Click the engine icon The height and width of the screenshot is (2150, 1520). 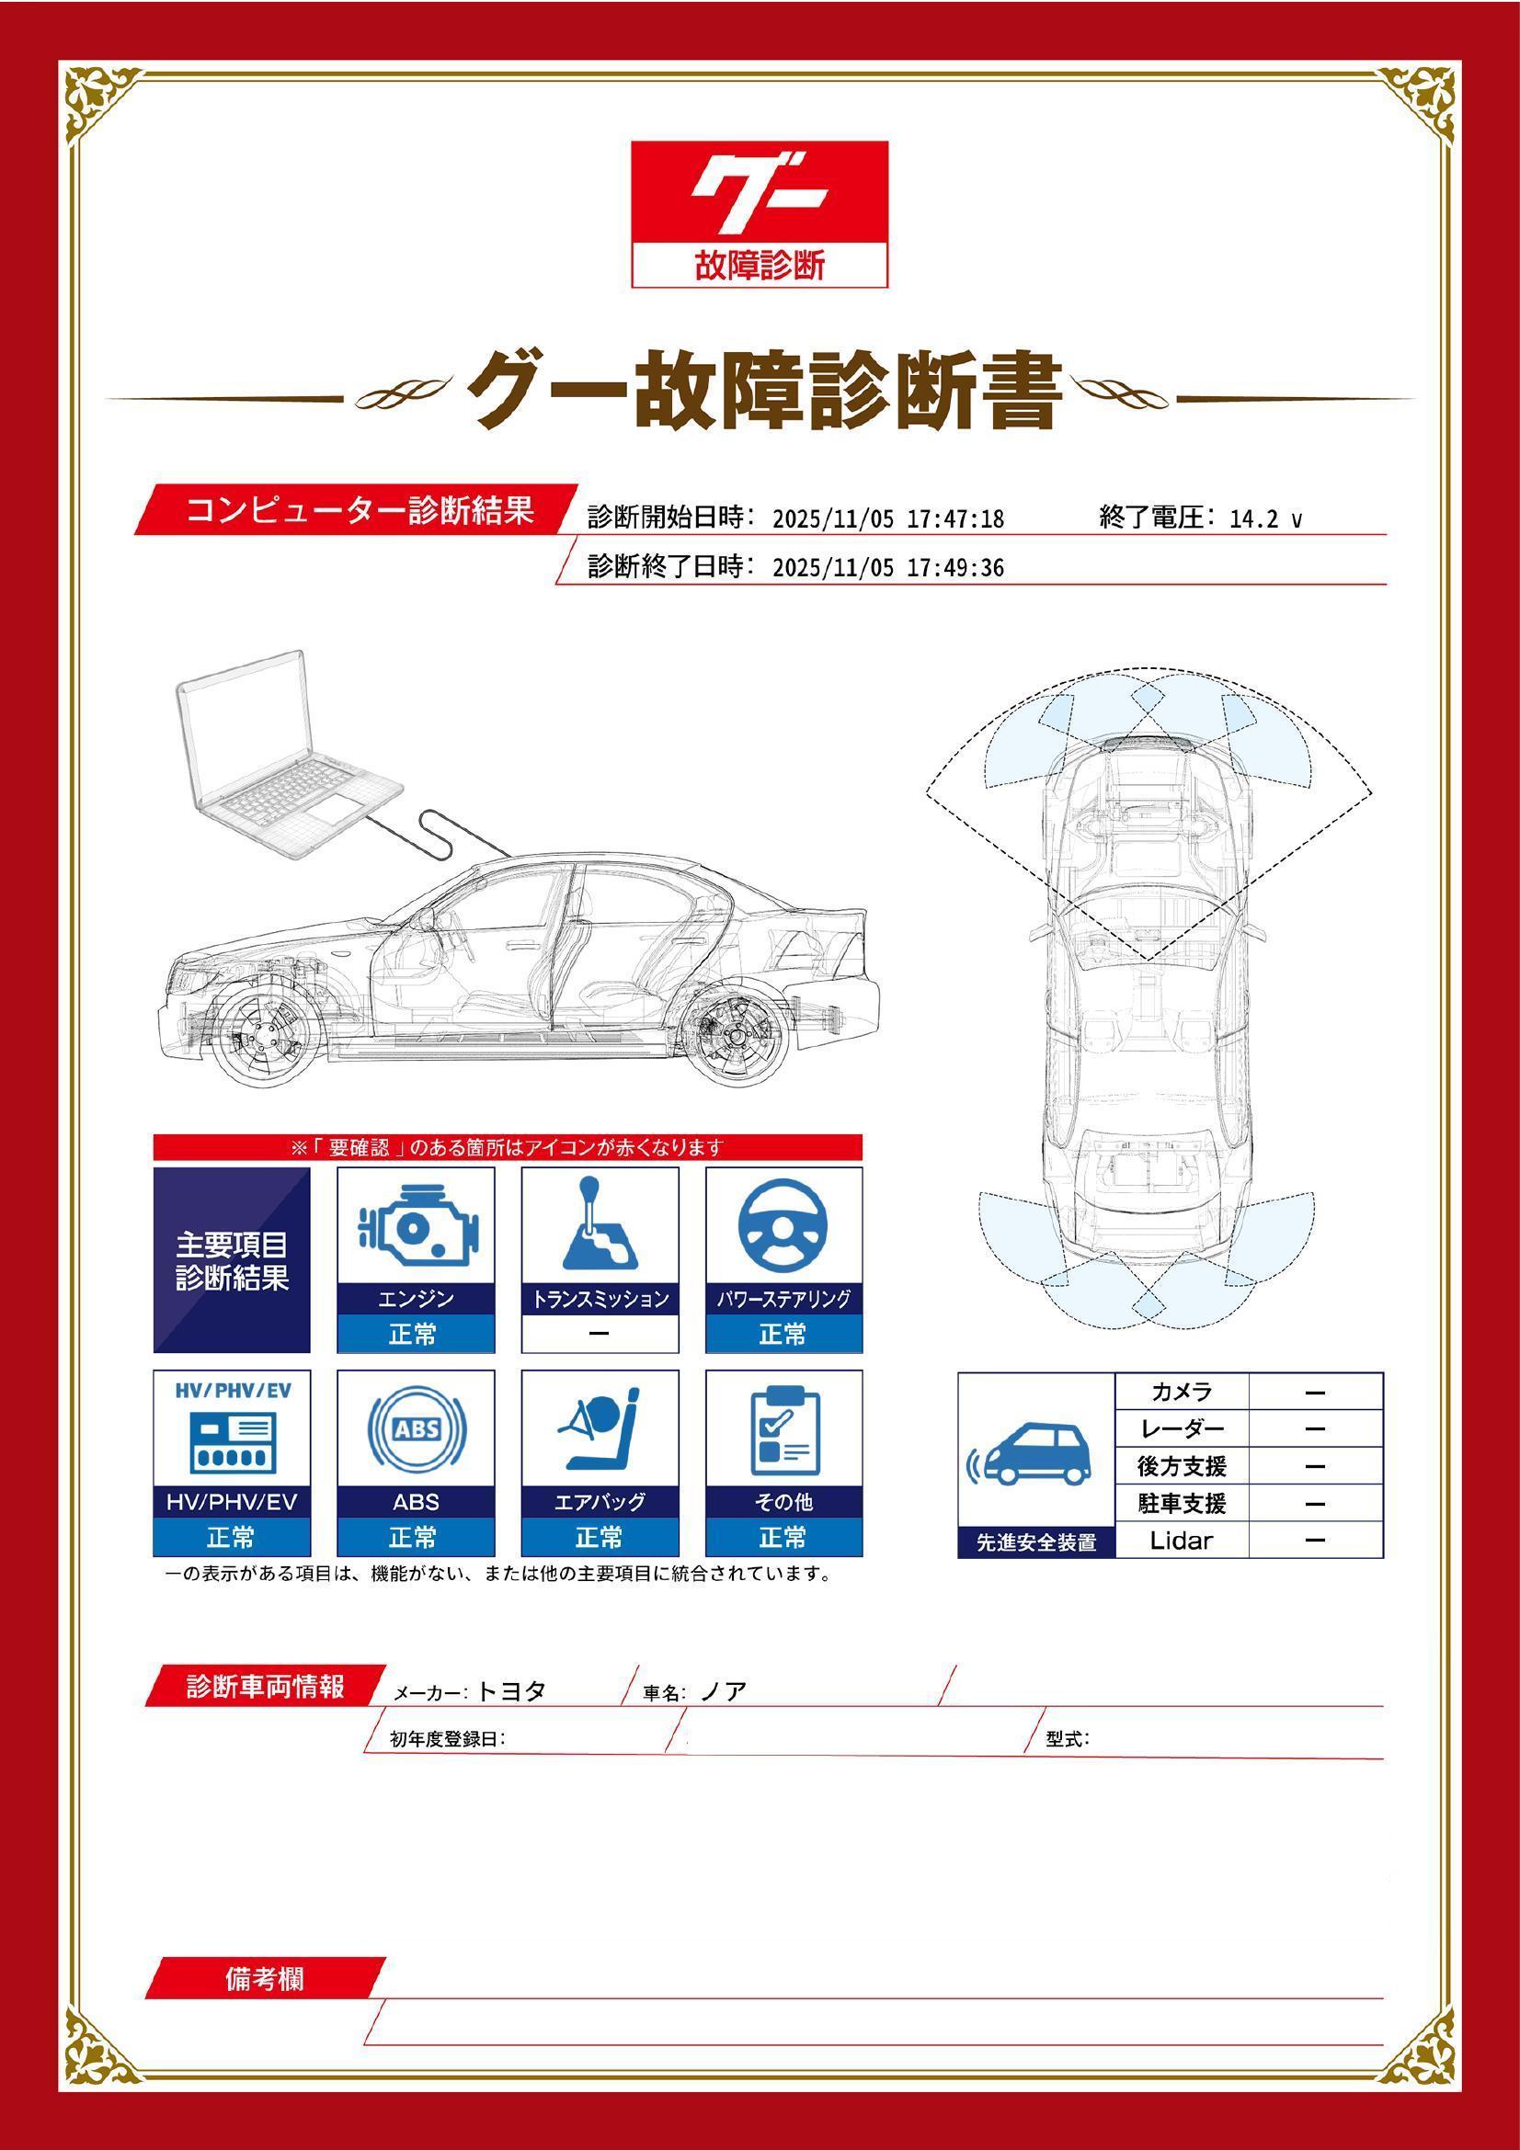416,1227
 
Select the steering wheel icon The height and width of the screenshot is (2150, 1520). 783,1227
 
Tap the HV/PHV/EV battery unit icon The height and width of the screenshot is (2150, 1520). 232,1442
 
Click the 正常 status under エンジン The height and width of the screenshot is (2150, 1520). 416,1334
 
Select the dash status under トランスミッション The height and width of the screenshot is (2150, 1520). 600,1334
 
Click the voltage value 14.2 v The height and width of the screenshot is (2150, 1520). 1264,519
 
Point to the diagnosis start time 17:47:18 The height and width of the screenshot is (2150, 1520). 955,519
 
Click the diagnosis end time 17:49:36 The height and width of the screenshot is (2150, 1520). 955,568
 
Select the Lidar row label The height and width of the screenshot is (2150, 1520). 1181,1541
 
